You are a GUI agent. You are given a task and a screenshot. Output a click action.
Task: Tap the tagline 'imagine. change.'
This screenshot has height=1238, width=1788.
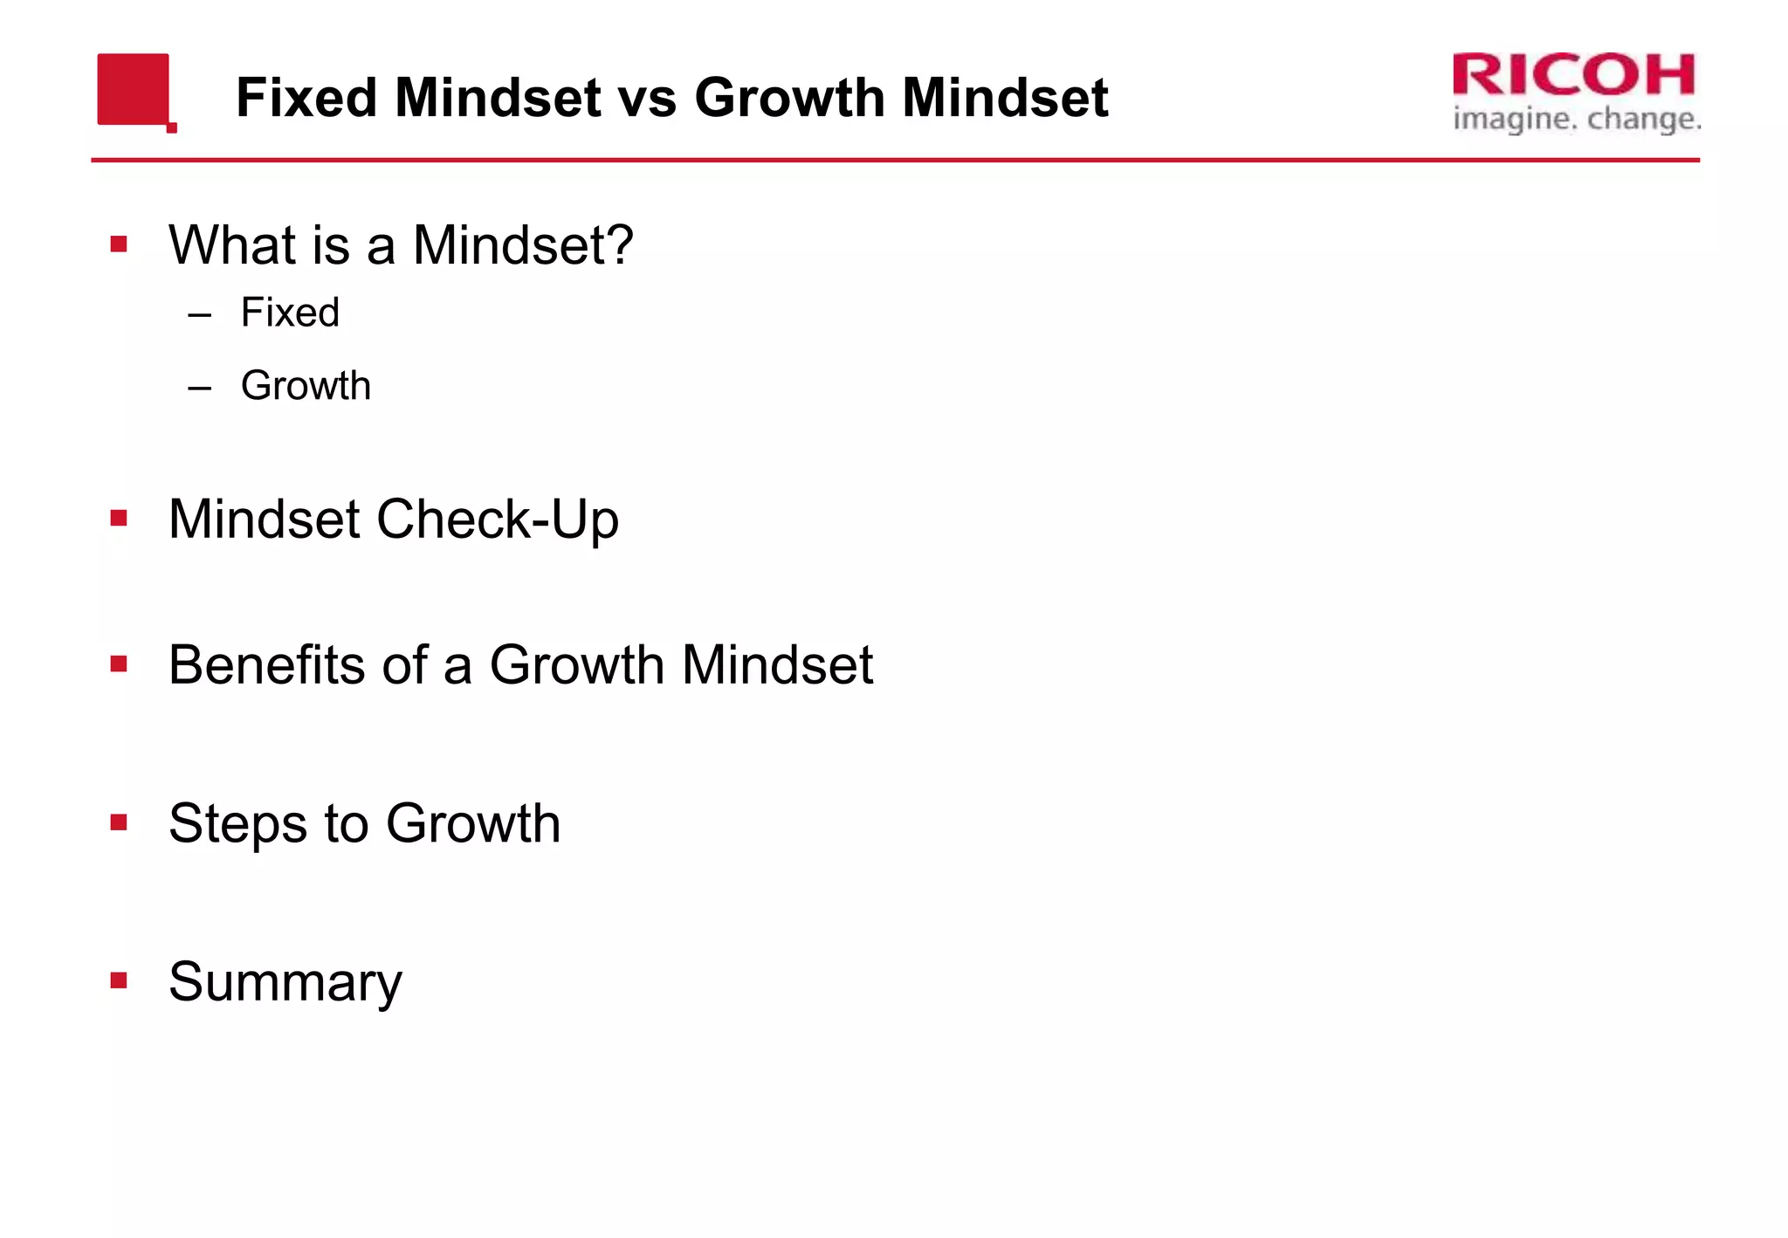point(1577,119)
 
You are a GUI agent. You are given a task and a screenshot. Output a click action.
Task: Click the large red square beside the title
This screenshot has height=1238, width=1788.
point(133,89)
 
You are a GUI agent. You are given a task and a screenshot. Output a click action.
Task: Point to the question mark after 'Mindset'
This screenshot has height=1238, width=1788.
point(618,244)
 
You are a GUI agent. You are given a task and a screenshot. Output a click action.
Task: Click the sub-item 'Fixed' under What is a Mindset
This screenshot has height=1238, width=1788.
point(290,313)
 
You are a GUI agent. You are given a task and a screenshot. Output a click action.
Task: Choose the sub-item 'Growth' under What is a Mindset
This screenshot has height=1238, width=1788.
point(306,386)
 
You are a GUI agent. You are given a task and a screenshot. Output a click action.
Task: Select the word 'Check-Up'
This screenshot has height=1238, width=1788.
point(497,519)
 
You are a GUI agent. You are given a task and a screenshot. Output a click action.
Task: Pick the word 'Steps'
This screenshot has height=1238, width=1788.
point(237,823)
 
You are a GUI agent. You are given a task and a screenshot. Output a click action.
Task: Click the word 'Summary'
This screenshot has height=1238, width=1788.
point(285,982)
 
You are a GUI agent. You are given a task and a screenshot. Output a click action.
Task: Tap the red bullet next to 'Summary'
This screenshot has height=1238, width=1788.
point(119,980)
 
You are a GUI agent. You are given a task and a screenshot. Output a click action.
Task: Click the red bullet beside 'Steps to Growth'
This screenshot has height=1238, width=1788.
point(119,822)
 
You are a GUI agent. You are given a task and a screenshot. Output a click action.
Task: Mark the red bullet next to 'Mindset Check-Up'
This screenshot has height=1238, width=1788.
point(119,519)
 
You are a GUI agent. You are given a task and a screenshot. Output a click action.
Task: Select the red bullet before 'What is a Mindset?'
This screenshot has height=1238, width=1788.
point(119,244)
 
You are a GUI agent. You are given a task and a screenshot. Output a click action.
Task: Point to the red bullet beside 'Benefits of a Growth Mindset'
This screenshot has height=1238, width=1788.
point(119,664)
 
